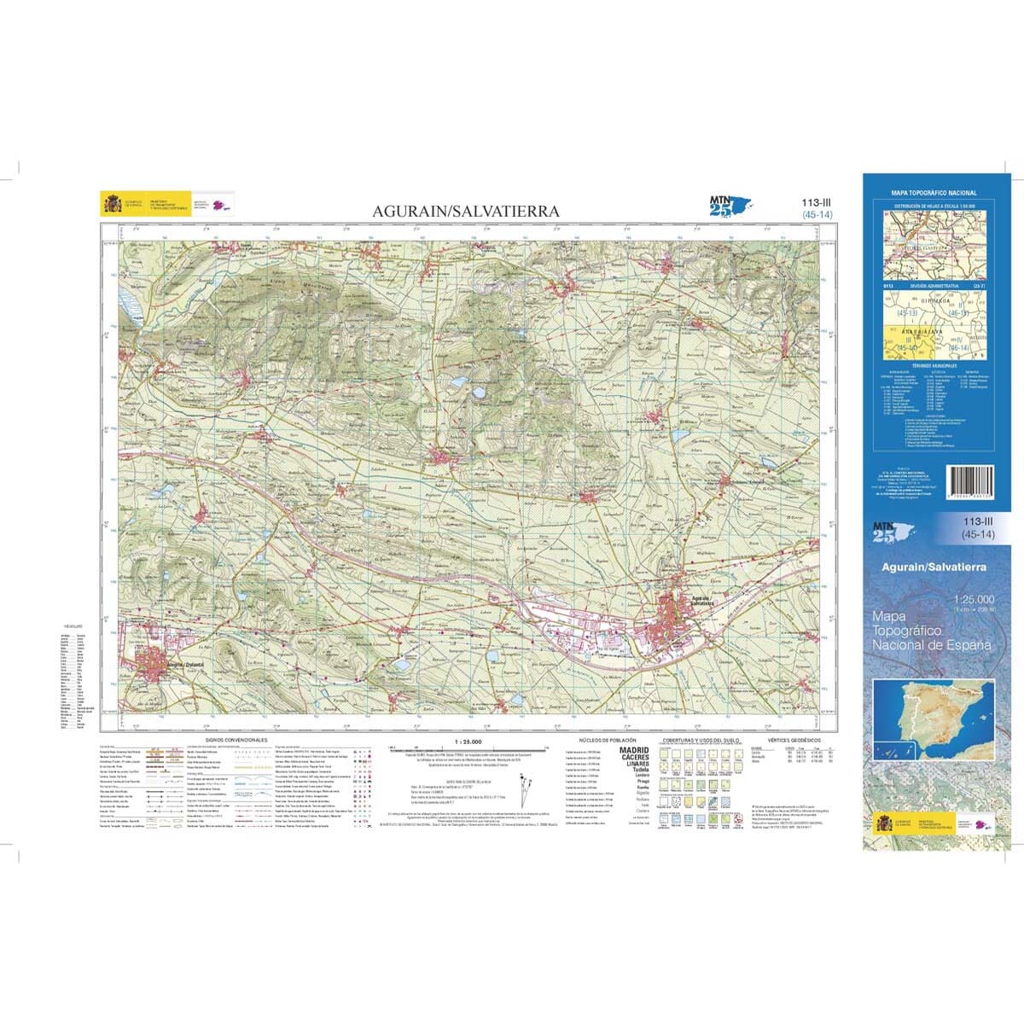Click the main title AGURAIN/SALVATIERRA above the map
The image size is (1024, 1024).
tap(465, 211)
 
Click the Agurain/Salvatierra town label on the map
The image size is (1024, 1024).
tap(703, 600)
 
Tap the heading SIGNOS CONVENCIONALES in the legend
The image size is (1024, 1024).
tap(236, 740)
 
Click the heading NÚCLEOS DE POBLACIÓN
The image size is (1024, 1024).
tap(608, 740)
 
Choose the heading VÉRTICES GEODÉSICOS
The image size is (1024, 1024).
tap(794, 740)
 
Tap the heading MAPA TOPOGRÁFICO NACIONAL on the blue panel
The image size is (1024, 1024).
tap(934, 194)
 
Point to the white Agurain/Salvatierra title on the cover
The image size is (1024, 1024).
tap(934, 567)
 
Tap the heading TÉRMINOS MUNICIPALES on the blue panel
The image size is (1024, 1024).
tap(934, 364)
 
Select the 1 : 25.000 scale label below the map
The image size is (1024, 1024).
tap(468, 740)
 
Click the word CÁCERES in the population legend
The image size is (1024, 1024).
tap(633, 757)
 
